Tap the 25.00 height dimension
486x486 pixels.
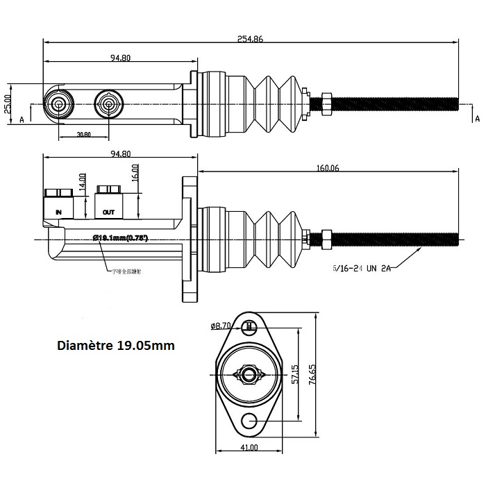coord(8,103)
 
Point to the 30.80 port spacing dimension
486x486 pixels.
coord(83,134)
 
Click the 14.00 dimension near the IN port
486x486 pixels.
coord(82,182)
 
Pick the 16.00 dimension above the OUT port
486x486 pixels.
coord(135,171)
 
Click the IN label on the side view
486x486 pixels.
coord(58,211)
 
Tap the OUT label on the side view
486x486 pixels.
coord(108,212)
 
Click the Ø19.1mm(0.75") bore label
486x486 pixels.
coord(121,237)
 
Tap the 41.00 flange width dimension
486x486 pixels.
coord(249,448)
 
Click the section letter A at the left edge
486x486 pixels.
coord(22,119)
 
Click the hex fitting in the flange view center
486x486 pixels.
coord(249,375)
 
